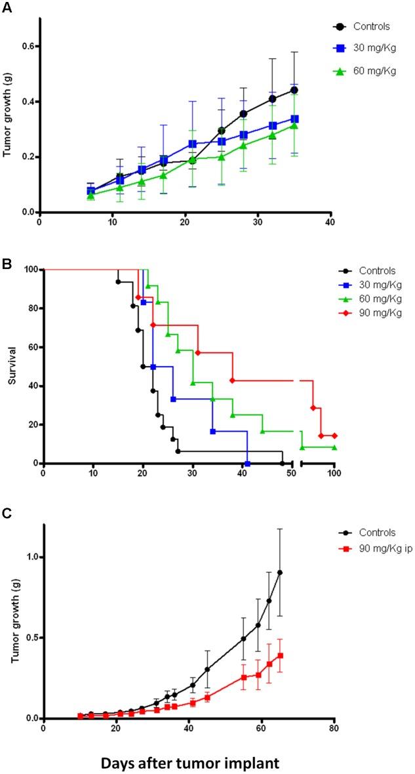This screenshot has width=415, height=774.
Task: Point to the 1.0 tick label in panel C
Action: click(24, 557)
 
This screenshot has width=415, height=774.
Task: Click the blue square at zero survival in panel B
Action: click(247, 463)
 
